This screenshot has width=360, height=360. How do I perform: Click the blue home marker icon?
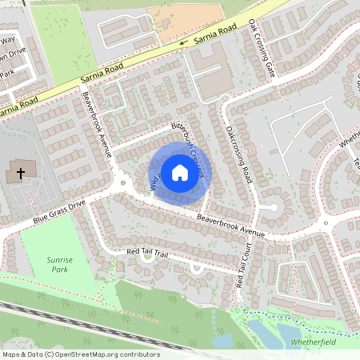180,172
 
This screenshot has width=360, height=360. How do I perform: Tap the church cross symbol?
20,173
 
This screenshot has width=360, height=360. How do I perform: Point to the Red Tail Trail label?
149,253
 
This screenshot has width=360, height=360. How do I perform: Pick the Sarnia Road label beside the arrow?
216,30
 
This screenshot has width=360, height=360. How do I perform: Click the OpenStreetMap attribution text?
80,354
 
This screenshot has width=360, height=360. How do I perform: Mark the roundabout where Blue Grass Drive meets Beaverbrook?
122,183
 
